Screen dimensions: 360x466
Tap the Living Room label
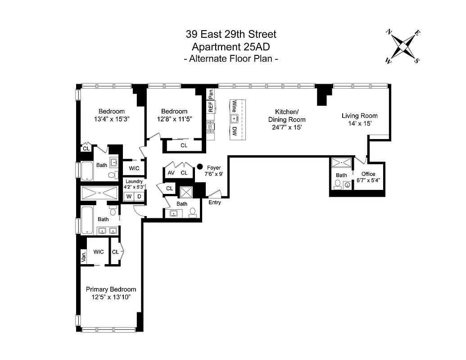pos(359,116)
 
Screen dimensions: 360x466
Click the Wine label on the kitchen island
pos(234,107)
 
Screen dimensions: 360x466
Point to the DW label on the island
pos(234,131)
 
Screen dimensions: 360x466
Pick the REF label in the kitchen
pos(210,107)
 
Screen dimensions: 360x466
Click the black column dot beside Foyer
pos(199,166)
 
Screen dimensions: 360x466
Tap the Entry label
pos(215,202)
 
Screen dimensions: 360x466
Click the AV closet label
pos(171,173)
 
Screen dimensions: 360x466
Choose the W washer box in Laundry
pos(129,197)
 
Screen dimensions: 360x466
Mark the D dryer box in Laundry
pos(139,197)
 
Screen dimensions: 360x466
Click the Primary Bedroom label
pos(111,289)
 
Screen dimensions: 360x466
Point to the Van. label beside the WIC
pos(83,256)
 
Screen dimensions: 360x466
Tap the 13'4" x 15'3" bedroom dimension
pos(112,119)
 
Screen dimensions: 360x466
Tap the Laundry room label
pos(134,181)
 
